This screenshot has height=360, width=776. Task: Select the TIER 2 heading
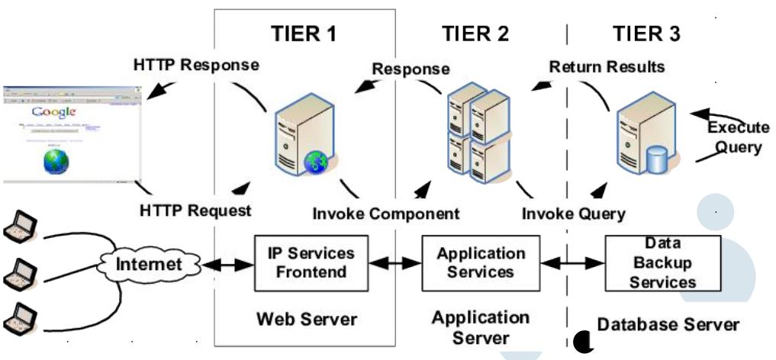click(475, 33)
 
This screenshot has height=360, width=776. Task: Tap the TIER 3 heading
click(646, 33)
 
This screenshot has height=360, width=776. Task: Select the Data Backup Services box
click(662, 262)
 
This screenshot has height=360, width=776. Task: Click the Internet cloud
click(149, 265)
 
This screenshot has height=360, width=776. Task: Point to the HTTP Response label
click(196, 65)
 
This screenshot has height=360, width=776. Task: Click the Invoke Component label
click(386, 213)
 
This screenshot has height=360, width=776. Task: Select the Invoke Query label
click(573, 213)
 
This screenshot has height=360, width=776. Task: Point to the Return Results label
click(607, 67)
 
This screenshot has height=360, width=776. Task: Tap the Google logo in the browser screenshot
click(54, 113)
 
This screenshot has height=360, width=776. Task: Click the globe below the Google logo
click(55, 159)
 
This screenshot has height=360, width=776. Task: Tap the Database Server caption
click(668, 324)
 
